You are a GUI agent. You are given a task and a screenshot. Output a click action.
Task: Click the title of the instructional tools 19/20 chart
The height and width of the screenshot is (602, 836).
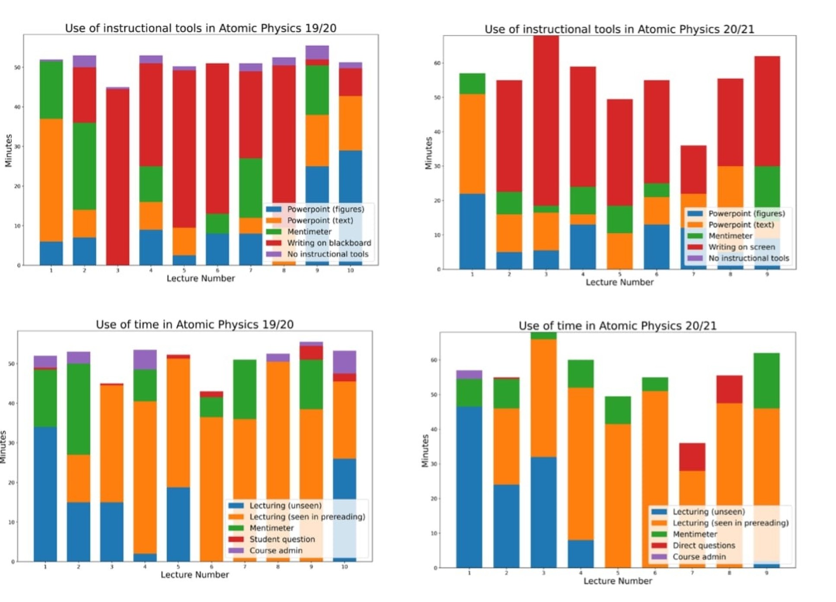(x=201, y=28)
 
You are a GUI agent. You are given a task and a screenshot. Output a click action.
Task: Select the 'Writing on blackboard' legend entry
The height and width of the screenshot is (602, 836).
(x=329, y=243)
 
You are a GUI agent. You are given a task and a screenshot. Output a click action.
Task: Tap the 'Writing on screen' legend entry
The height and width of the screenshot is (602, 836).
(x=741, y=247)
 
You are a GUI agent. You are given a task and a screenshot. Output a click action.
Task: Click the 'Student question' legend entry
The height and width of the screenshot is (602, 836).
(x=282, y=539)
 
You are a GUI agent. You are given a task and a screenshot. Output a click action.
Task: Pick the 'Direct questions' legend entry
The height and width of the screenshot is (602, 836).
(x=704, y=545)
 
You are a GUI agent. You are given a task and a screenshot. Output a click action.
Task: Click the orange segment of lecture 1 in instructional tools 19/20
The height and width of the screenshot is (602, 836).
(x=51, y=179)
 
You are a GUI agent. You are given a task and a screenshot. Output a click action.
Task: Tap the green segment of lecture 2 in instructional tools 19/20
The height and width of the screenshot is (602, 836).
(x=84, y=166)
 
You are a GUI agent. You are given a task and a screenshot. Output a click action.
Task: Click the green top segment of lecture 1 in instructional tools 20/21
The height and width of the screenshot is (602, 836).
(x=472, y=84)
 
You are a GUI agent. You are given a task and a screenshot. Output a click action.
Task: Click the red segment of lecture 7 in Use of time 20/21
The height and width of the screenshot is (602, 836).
(x=692, y=457)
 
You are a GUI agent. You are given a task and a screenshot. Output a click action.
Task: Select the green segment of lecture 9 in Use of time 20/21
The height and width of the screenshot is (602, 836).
(x=766, y=381)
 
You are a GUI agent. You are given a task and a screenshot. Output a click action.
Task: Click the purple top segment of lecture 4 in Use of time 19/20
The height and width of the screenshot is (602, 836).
(x=145, y=359)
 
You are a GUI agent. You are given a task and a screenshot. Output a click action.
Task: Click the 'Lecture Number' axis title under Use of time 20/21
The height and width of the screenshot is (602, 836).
(x=618, y=581)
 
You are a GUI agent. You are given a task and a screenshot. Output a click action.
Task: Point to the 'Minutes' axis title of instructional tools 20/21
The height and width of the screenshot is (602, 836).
(x=428, y=153)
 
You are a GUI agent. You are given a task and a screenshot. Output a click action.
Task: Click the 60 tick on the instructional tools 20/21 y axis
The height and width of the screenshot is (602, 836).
(x=437, y=63)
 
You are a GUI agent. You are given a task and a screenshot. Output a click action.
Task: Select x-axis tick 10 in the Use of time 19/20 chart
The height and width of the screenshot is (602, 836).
(x=345, y=567)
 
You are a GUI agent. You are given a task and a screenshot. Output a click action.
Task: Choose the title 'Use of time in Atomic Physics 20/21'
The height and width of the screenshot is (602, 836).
(x=617, y=326)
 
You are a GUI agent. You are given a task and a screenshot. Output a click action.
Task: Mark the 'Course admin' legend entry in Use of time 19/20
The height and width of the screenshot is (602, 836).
(x=276, y=551)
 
